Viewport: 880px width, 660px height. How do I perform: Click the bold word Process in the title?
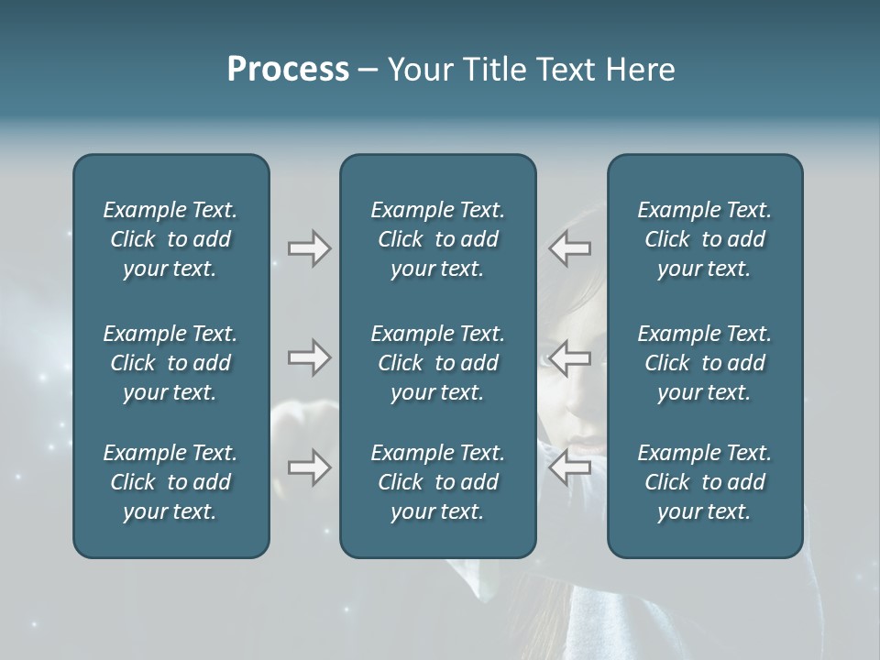click(x=288, y=70)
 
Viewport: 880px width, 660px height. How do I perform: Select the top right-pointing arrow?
click(x=309, y=247)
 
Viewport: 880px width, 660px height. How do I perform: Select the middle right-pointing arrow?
click(x=309, y=357)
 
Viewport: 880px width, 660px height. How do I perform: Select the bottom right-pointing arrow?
click(x=309, y=467)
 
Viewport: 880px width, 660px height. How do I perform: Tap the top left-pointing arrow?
click(x=569, y=247)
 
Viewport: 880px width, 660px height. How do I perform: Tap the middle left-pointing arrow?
click(x=569, y=357)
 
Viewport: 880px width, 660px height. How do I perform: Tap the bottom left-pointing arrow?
click(x=569, y=467)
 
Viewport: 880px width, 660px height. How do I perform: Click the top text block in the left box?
click(x=170, y=239)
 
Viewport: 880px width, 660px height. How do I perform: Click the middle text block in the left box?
click(x=170, y=363)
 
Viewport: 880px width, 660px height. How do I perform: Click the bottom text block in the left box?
click(x=170, y=482)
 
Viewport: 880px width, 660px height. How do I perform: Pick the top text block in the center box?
click(x=437, y=239)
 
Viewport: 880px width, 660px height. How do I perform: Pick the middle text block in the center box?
click(x=437, y=363)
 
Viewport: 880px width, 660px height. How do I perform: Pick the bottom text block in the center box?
click(x=437, y=482)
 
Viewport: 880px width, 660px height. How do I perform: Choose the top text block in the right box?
click(x=704, y=239)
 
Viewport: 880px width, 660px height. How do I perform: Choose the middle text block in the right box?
click(x=704, y=363)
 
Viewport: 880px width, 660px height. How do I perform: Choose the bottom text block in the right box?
click(x=704, y=482)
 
